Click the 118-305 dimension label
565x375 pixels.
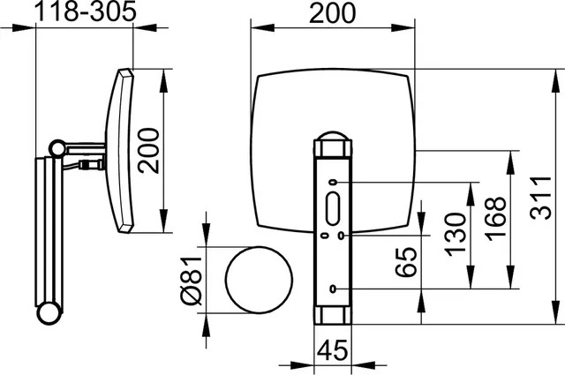tap(86, 11)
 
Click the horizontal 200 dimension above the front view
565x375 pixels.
tap(332, 13)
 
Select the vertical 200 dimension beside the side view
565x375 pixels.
tap(148, 151)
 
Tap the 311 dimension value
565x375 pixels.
tap(541, 198)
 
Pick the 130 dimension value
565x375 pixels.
tap(456, 234)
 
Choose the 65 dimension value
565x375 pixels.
tap(406, 262)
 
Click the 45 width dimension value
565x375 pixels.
tap(333, 349)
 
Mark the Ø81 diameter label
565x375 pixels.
tap(192, 281)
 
